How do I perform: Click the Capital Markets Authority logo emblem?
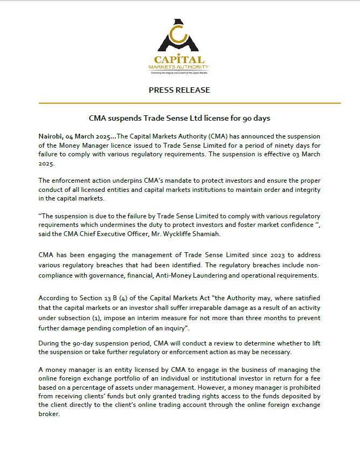[x=179, y=36]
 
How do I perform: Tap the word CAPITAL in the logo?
[x=179, y=60]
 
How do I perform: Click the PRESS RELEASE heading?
[x=179, y=90]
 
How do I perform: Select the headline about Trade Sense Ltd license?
[x=179, y=118]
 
